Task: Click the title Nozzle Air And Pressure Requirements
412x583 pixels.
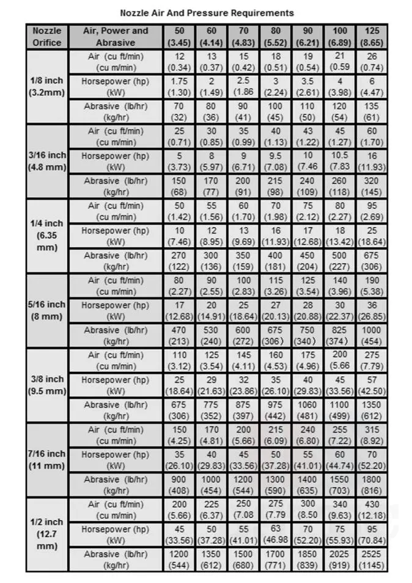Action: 207,12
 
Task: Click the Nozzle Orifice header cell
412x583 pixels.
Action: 46,37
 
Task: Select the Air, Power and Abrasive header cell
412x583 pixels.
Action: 116,37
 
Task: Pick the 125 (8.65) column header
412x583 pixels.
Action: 372,37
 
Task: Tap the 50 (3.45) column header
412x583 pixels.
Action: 180,37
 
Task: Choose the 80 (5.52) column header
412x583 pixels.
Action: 276,37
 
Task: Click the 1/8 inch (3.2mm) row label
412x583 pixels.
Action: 46,87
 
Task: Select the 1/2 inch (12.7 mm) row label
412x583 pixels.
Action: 46,534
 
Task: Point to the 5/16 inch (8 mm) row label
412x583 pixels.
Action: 46,311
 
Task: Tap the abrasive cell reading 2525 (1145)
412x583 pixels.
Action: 372,559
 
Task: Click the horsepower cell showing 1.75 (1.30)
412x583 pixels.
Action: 180,87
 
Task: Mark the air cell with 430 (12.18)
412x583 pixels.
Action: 372,510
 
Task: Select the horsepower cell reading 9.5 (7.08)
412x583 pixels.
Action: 276,162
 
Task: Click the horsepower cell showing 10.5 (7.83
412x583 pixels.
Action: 339,162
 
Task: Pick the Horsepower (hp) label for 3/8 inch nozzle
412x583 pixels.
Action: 116,385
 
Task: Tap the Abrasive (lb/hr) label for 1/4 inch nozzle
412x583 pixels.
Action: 116,261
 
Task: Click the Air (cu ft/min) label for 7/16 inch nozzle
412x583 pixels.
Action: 116,435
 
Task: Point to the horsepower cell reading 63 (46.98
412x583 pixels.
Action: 276,535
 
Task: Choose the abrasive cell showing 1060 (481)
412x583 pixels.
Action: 307,410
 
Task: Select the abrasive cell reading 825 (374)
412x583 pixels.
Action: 339,336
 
